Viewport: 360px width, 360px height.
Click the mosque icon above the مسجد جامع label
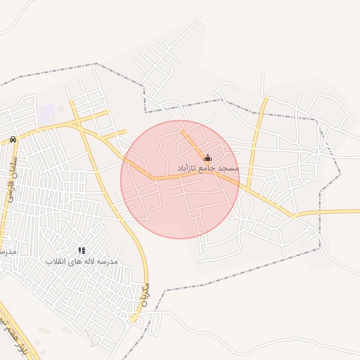[x=207, y=157]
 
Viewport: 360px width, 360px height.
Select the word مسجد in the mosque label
[x=229, y=169]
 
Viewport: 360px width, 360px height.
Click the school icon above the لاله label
[x=82, y=250]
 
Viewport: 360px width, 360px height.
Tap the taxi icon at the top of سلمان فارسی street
[x=13, y=139]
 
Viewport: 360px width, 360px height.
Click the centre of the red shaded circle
[x=180, y=179]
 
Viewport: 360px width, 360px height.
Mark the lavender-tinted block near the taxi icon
[x=46, y=112]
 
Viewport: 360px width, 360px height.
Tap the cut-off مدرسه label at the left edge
[x=6, y=252]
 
